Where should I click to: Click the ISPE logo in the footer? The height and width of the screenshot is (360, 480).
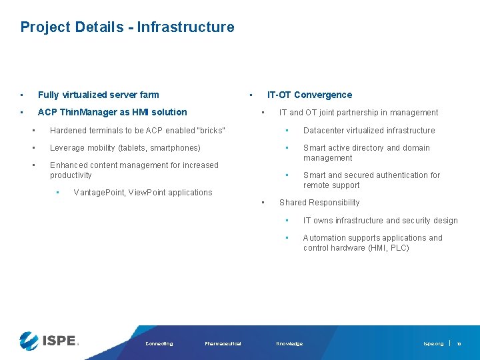[x=49, y=341]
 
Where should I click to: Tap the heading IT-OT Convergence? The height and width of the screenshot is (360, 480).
[x=309, y=95]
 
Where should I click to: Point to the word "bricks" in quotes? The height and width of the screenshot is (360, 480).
[x=209, y=131]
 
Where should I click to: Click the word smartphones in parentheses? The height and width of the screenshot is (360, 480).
[x=175, y=148]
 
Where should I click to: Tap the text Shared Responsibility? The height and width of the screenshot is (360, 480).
[x=319, y=203]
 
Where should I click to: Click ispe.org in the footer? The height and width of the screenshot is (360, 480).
[x=433, y=344]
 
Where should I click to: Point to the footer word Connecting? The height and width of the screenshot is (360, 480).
[x=159, y=344]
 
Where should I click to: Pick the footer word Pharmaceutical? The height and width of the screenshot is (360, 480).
[x=223, y=344]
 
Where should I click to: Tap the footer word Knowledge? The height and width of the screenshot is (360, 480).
[x=289, y=344]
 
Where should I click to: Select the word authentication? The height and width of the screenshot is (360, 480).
[x=401, y=175]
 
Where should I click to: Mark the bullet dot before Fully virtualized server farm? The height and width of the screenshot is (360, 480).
[x=22, y=95]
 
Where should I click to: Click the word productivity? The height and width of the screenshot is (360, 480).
[x=71, y=175]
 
